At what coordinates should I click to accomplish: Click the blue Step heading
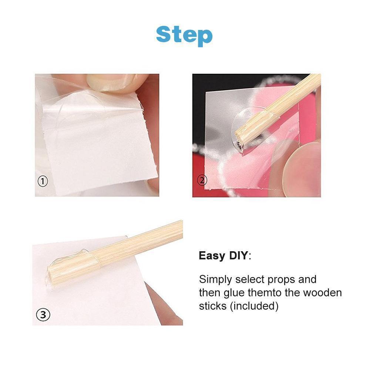[184, 36]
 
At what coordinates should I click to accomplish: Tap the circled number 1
[43, 181]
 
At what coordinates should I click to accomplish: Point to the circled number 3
[43, 314]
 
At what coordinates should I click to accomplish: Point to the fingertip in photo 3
[165, 305]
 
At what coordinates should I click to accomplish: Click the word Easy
[212, 256]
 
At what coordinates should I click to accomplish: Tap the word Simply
[216, 280]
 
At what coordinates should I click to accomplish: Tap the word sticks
[213, 306]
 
